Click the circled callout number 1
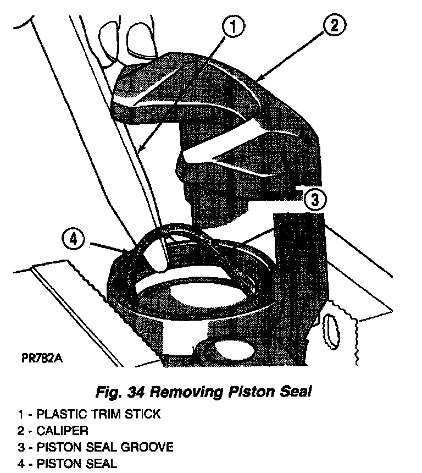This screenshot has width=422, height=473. pyautogui.click(x=235, y=27)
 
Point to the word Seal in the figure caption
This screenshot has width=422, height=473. pyautogui.click(x=295, y=393)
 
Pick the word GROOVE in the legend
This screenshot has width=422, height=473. pyautogui.click(x=146, y=447)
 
